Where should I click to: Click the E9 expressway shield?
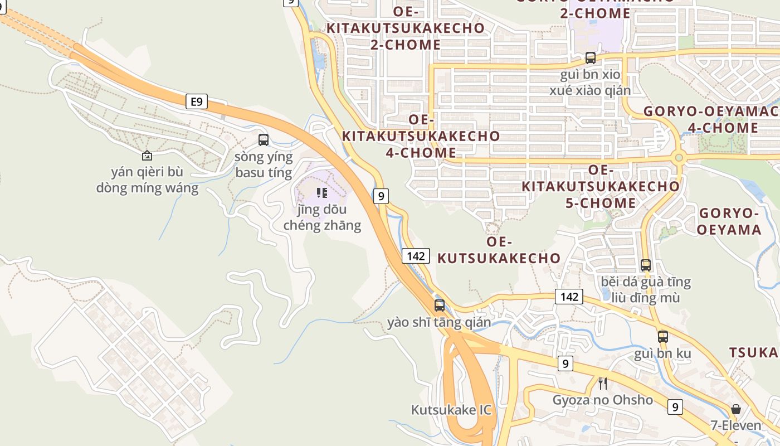tap(196, 101)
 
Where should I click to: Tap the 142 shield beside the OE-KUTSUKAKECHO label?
tap(416, 256)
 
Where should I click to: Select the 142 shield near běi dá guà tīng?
tap(569, 297)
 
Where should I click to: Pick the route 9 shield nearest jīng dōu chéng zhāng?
tap(381, 196)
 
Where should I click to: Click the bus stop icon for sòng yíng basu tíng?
tap(264, 140)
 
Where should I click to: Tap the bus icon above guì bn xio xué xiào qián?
tap(590, 57)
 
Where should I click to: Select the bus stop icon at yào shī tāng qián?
tap(440, 305)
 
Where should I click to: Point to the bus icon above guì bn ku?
tap(662, 336)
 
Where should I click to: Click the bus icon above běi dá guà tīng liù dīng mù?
tap(645, 265)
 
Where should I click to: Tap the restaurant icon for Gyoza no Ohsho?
tap(602, 383)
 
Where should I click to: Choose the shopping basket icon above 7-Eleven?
tap(735, 409)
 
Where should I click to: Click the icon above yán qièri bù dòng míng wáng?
tap(147, 156)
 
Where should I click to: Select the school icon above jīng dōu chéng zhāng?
tap(321, 193)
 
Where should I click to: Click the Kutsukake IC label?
tap(451, 410)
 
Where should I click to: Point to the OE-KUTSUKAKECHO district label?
tap(499, 250)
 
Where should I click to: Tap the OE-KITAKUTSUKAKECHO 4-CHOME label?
tap(421, 136)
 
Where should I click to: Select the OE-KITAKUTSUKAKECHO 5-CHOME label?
tap(601, 186)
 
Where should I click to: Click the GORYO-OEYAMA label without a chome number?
tap(729, 221)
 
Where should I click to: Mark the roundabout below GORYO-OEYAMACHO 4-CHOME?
tap(679, 158)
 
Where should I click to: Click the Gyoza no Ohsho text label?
tap(602, 400)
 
